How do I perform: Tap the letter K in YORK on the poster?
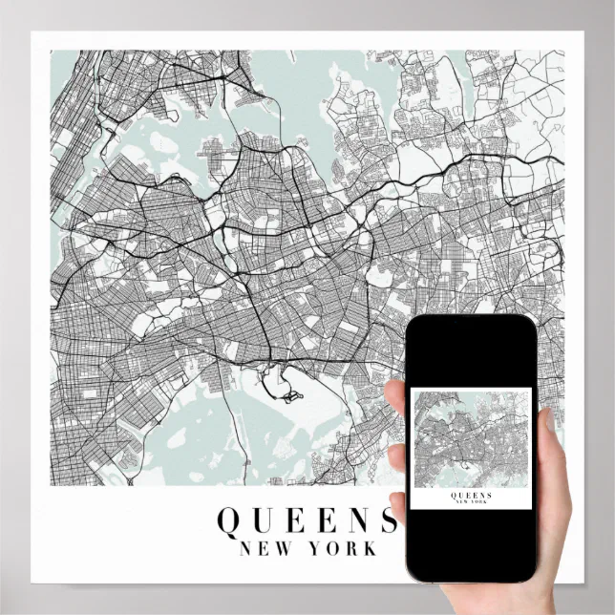(370, 549)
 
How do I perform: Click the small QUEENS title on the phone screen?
(470, 495)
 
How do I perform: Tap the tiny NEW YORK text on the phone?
(470, 502)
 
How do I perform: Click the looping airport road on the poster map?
(285, 390)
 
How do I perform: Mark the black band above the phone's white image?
(470, 353)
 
